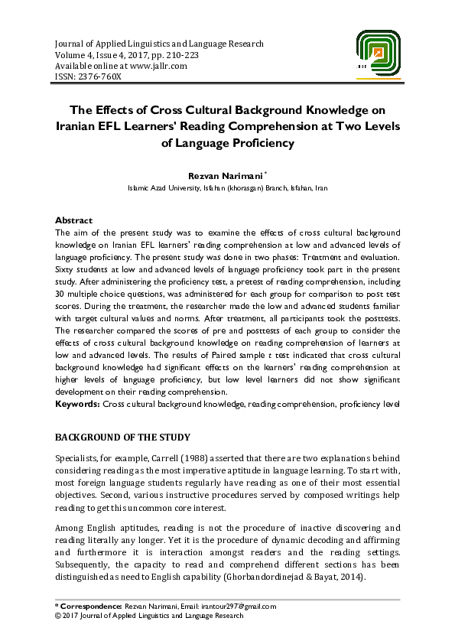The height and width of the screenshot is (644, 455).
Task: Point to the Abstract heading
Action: (74, 220)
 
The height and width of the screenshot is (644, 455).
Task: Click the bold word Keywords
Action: (78, 402)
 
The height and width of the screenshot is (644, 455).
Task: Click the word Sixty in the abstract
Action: (67, 270)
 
